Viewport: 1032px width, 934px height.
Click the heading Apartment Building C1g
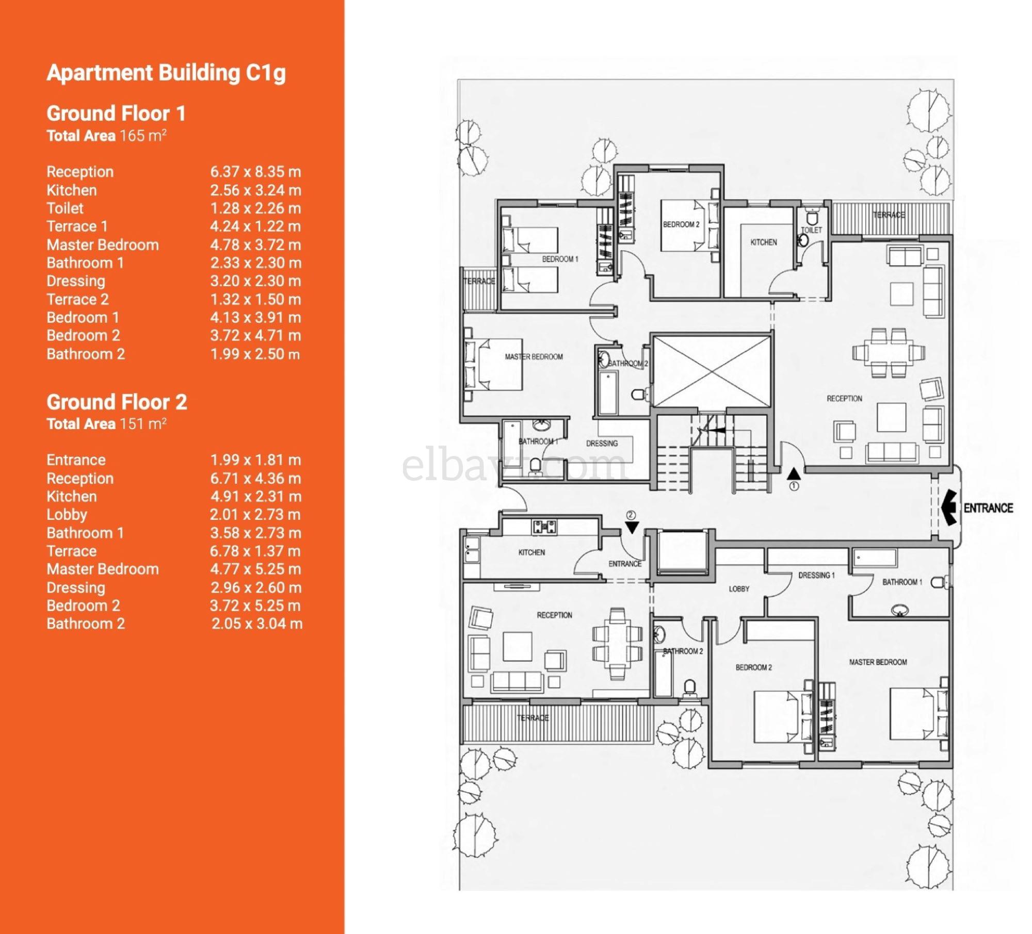coord(166,73)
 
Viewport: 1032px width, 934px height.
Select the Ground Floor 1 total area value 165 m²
coord(143,136)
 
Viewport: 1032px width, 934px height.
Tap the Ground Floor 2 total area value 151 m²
coord(143,424)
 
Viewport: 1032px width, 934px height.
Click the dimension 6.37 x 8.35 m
coord(255,172)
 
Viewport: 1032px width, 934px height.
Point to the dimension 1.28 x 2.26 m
coord(255,208)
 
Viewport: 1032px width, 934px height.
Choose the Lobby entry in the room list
coord(67,515)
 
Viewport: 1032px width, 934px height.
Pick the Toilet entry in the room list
coord(65,208)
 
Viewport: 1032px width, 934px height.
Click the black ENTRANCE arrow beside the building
coord(949,507)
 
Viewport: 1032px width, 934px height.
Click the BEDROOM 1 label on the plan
coord(560,259)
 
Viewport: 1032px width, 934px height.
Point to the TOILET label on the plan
coord(811,230)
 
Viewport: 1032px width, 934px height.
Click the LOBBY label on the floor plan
coord(739,589)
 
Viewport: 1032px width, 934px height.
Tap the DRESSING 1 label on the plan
coord(816,575)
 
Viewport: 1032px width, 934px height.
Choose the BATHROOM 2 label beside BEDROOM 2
coord(683,651)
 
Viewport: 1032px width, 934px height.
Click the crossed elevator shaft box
coord(712,370)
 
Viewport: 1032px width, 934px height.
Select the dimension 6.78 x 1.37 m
coord(255,551)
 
